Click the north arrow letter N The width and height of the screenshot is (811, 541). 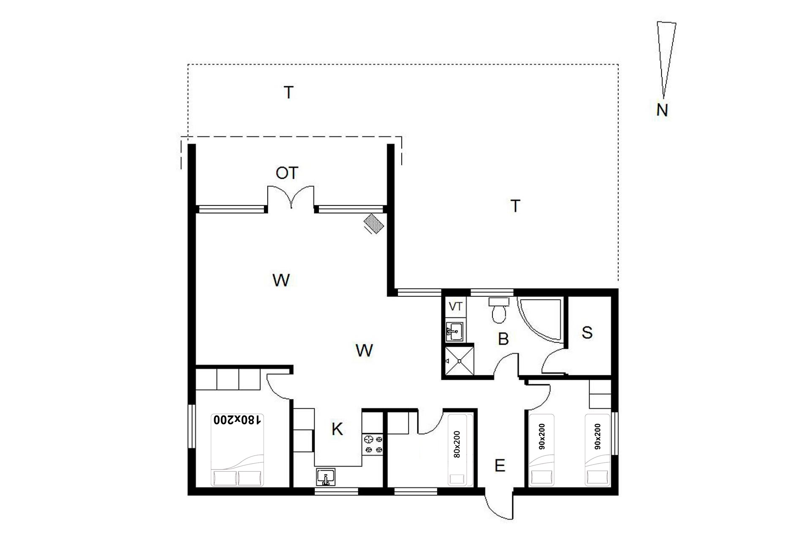(x=662, y=110)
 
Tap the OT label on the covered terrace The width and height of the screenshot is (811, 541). (x=287, y=173)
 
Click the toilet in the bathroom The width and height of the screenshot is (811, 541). (x=499, y=310)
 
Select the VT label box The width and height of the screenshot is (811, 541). (x=455, y=307)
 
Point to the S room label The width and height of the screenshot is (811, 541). (x=587, y=333)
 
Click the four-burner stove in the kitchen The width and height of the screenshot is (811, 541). (x=373, y=445)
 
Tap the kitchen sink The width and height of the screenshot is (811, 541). (x=326, y=477)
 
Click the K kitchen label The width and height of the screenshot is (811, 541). (x=337, y=429)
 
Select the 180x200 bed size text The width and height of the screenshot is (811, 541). (x=237, y=420)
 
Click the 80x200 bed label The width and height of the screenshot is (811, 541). (x=457, y=445)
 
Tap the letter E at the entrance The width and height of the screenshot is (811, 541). (x=500, y=466)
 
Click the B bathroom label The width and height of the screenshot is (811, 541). (x=503, y=339)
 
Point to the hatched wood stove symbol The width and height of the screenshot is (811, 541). (x=374, y=223)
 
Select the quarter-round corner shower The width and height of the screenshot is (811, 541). (x=540, y=320)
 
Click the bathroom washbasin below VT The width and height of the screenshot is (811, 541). (x=454, y=331)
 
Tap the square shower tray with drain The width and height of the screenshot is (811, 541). (x=458, y=361)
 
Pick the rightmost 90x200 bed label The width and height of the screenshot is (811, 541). (x=598, y=437)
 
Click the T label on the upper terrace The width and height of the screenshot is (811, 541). (x=288, y=92)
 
